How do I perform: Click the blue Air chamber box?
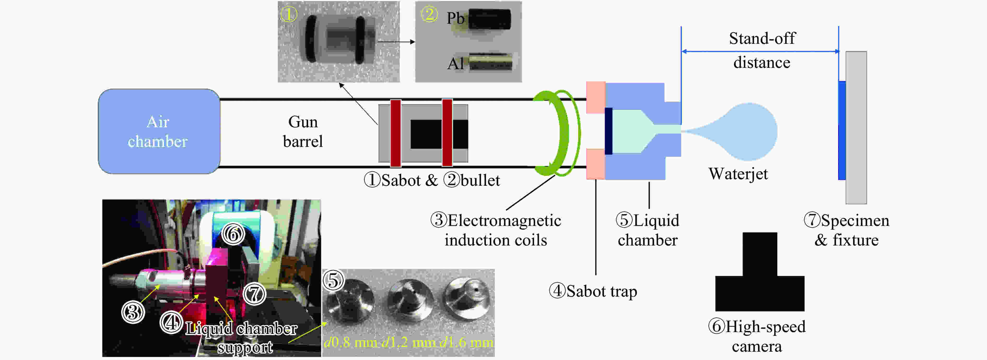coord(159,131)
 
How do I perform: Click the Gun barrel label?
coord(303,131)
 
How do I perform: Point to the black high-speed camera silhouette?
coord(760,272)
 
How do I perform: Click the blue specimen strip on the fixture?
coord(842,130)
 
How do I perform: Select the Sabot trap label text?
coord(593,291)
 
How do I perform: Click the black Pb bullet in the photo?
coord(489,19)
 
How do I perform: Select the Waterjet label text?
coord(738,174)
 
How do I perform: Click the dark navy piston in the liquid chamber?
coord(608,131)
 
